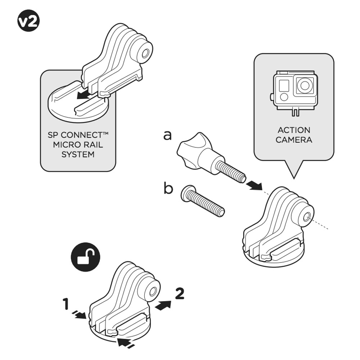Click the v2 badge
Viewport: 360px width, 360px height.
pyautogui.click(x=28, y=22)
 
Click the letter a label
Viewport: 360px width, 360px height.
pyautogui.click(x=167, y=136)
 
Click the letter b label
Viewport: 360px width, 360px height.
pyautogui.click(x=168, y=188)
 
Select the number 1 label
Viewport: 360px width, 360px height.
pyautogui.click(x=66, y=305)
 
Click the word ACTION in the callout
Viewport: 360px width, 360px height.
pyautogui.click(x=294, y=130)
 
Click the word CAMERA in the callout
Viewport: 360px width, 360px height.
pyautogui.click(x=294, y=140)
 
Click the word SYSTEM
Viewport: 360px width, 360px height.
pyautogui.click(x=78, y=154)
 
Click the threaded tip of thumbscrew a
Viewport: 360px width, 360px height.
pyautogui.click(x=239, y=177)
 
